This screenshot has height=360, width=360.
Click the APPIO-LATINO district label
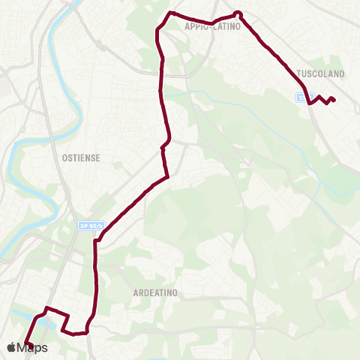click(211, 25)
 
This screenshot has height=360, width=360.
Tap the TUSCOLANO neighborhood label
click(319, 74)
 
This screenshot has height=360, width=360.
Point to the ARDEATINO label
click(154, 293)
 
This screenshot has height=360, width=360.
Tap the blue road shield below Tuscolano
click(300, 97)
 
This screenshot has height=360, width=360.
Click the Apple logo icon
click(10, 347)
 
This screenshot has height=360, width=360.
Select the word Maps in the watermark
click(33, 347)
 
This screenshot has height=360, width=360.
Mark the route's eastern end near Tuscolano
click(334, 100)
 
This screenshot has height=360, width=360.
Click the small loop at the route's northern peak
click(238, 13)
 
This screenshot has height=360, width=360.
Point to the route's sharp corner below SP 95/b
click(95, 241)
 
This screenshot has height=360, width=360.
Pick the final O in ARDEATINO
click(174, 293)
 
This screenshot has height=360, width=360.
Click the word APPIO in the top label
click(196, 25)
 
